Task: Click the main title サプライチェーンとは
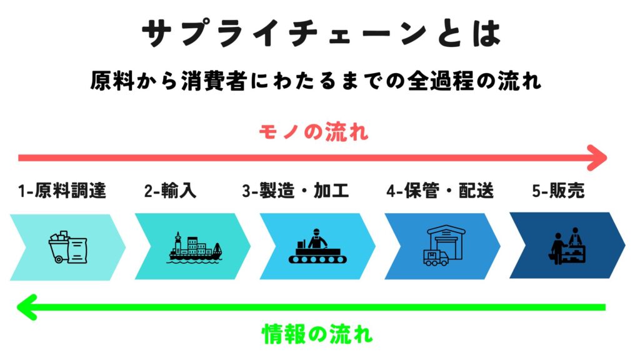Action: (x=321, y=33)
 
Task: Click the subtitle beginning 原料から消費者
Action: (x=316, y=81)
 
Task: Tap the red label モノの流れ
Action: (x=314, y=132)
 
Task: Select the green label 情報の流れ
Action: (x=317, y=334)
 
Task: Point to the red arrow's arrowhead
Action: (x=598, y=158)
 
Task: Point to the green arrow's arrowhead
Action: (x=26, y=307)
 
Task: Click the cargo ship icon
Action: (x=196, y=247)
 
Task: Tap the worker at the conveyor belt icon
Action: (x=317, y=246)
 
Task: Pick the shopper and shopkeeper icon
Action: (x=567, y=245)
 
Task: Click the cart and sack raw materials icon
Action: (x=67, y=247)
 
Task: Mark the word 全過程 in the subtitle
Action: (x=441, y=81)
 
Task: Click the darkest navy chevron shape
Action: (x=567, y=245)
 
